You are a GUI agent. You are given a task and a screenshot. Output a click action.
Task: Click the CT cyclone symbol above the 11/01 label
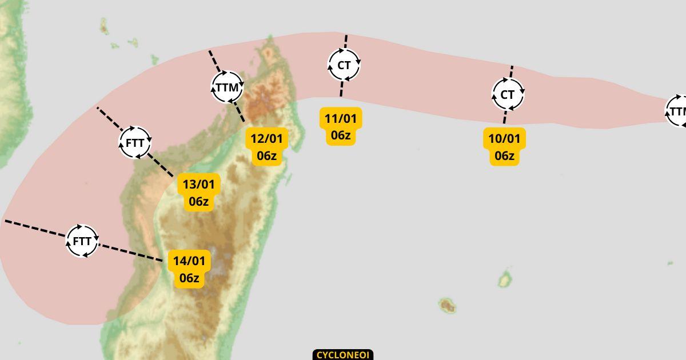pyautogui.click(x=344, y=65)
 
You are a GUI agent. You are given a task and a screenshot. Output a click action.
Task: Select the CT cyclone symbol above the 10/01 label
pyautogui.click(x=508, y=94)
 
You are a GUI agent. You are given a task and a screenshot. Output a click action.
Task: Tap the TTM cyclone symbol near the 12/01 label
pyautogui.click(x=227, y=87)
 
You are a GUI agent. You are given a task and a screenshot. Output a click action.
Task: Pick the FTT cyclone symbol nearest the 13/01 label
pyautogui.click(x=135, y=142)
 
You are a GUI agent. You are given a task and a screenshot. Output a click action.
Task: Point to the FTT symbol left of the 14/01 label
pyautogui.click(x=82, y=241)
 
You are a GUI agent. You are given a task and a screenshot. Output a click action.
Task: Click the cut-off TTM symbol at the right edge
pyautogui.click(x=677, y=111)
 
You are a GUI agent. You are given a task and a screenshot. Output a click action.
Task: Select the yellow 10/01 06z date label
pyautogui.click(x=504, y=147)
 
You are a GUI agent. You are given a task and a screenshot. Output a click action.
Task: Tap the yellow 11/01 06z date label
pyautogui.click(x=340, y=127)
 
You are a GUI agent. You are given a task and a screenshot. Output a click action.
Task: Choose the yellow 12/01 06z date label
pyautogui.click(x=266, y=147)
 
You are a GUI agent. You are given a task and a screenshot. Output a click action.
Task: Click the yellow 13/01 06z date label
pyautogui.click(x=198, y=193)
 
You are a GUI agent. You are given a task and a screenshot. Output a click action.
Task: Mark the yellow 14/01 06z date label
pyautogui.click(x=189, y=269)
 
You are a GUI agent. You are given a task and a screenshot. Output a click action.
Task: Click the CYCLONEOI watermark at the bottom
pyautogui.click(x=343, y=355)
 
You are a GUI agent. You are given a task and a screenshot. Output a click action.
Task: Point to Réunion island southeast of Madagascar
pyautogui.click(x=447, y=306)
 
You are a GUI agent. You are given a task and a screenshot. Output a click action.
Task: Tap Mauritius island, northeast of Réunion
pyautogui.click(x=505, y=279)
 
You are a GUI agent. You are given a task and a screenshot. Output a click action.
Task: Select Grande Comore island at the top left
pyautogui.click(x=104, y=26)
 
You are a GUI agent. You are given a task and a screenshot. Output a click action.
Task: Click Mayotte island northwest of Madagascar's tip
pyautogui.click(x=154, y=59)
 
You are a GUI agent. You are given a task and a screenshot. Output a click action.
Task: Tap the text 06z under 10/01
pyautogui.click(x=504, y=155)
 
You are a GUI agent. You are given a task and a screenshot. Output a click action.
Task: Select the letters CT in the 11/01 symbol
pyautogui.click(x=344, y=65)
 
